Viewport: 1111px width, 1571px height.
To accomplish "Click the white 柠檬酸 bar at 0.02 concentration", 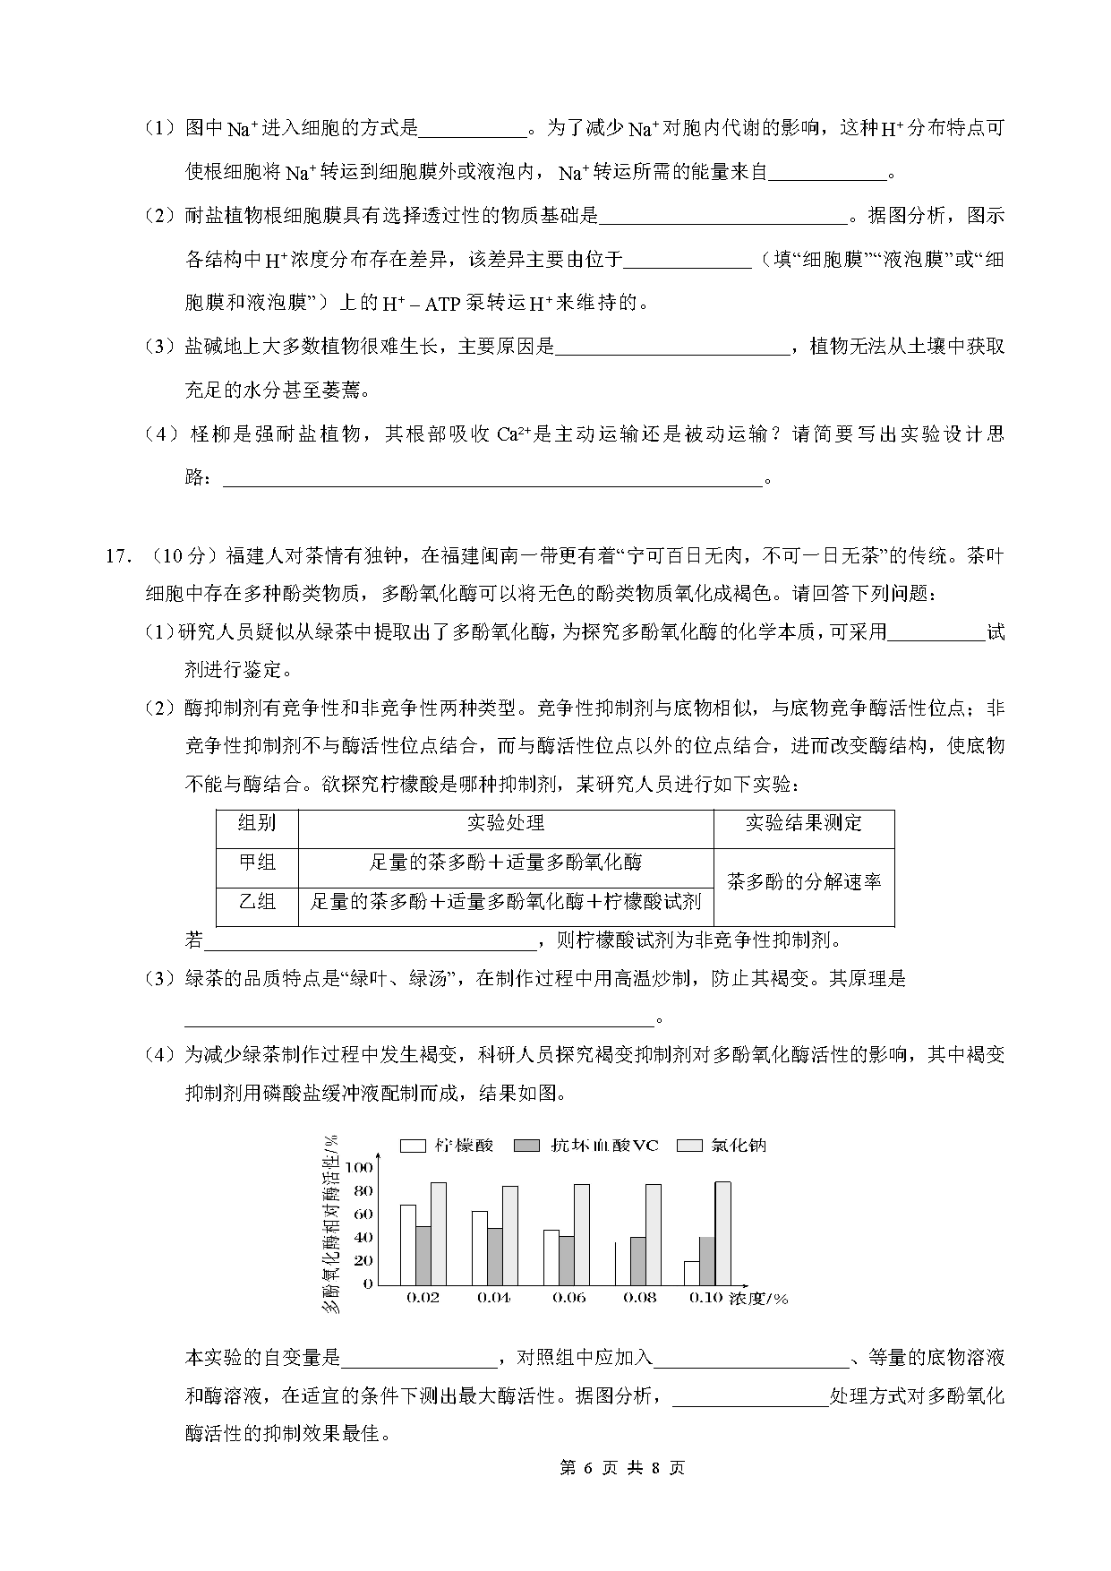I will point(408,1244).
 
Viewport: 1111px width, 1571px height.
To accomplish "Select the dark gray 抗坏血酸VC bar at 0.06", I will point(567,1260).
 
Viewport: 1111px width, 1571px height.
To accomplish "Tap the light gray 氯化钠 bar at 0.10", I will point(722,1232).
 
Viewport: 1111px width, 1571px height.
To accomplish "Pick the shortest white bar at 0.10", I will point(691,1272).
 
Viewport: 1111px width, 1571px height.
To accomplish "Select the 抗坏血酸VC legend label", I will point(604,1146).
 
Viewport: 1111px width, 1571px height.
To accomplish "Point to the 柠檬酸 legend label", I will point(464,1146).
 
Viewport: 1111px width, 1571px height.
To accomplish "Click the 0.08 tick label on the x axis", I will point(639,1298).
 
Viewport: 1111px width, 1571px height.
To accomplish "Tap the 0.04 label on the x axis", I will point(494,1298).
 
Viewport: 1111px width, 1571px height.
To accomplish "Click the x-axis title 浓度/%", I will point(758,1298).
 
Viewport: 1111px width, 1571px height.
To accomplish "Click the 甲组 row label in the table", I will point(257,863).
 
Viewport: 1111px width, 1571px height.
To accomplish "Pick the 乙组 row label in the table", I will point(257,901).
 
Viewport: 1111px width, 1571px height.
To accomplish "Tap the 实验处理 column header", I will point(505,823).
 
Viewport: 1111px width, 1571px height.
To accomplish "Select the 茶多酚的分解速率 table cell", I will point(803,882).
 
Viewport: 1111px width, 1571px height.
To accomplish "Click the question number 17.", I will point(118,556).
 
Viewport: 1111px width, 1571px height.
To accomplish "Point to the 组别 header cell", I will point(257,823).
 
